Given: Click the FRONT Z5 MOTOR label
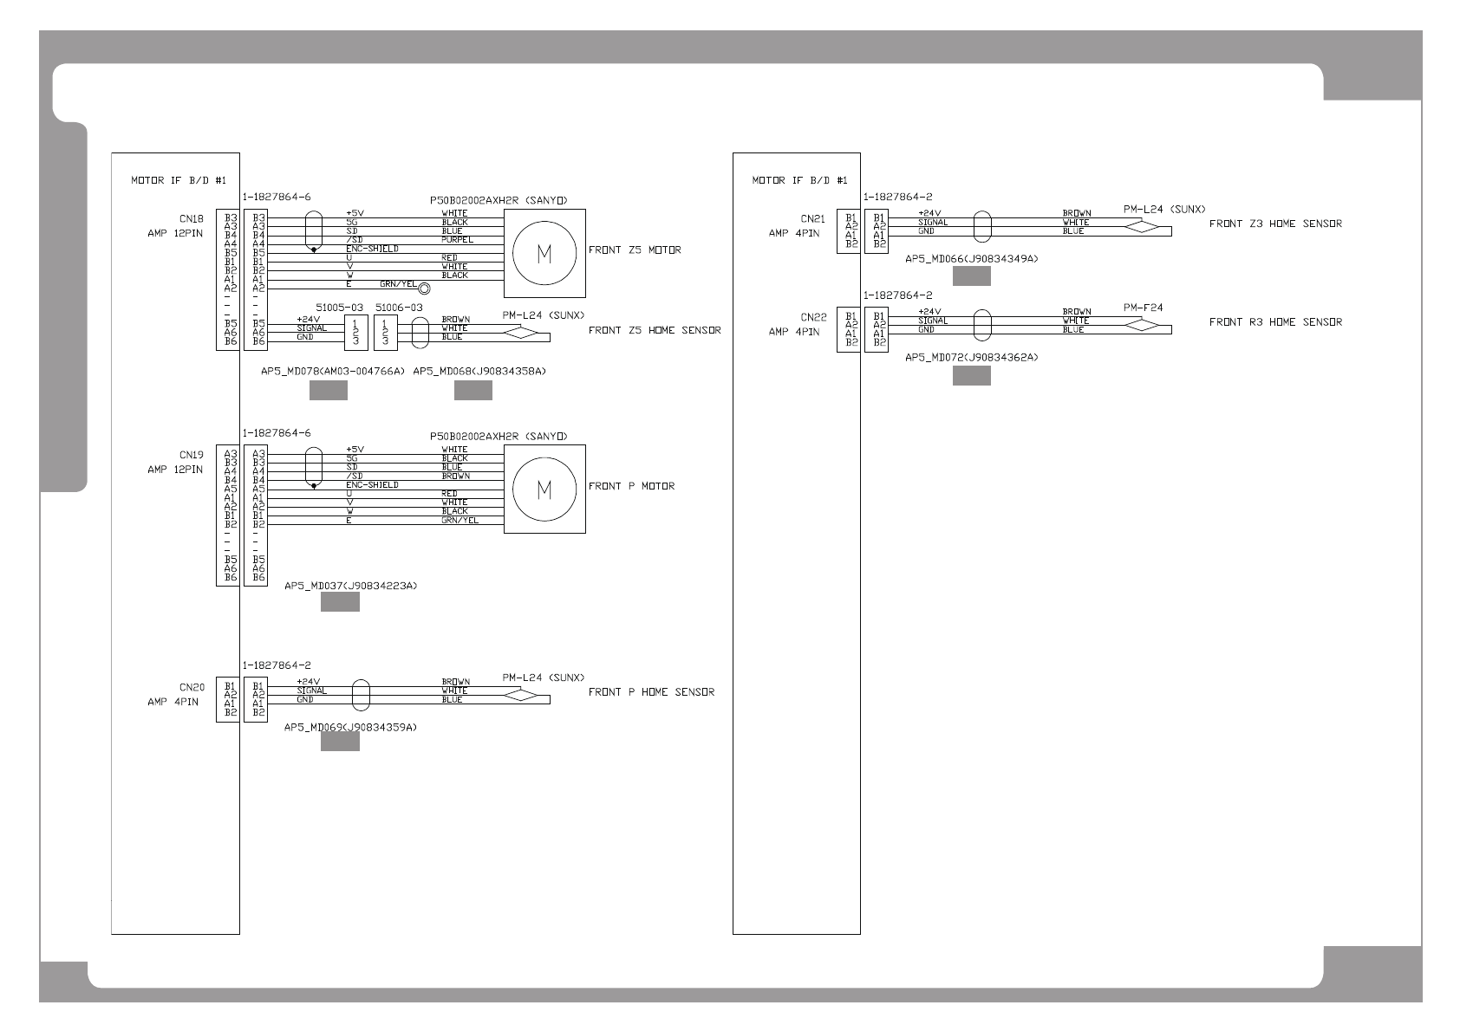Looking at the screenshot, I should click(635, 250).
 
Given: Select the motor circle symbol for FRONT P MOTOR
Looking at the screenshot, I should click(544, 490).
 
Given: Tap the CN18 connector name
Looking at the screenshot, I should click(192, 220).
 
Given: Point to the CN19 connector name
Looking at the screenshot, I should click(192, 455).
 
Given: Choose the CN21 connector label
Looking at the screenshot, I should click(812, 220).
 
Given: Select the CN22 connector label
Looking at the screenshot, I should click(812, 318).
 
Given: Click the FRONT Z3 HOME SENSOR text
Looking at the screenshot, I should click(1275, 224).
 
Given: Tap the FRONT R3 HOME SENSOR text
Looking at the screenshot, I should click(1275, 322).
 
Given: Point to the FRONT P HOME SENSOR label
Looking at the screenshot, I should click(651, 692).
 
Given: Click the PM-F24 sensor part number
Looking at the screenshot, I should click(1143, 308).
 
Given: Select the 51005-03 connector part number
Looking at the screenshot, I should click(339, 308).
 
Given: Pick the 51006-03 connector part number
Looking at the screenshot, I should click(399, 308).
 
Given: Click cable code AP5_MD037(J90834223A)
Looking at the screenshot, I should click(351, 587).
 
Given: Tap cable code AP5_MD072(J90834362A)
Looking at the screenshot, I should click(971, 357).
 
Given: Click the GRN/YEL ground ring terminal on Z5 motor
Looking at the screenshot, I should click(424, 289).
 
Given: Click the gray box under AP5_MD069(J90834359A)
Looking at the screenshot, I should click(340, 742).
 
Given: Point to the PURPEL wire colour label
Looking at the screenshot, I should click(457, 240).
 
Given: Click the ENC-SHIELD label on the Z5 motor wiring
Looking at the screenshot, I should click(372, 249).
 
